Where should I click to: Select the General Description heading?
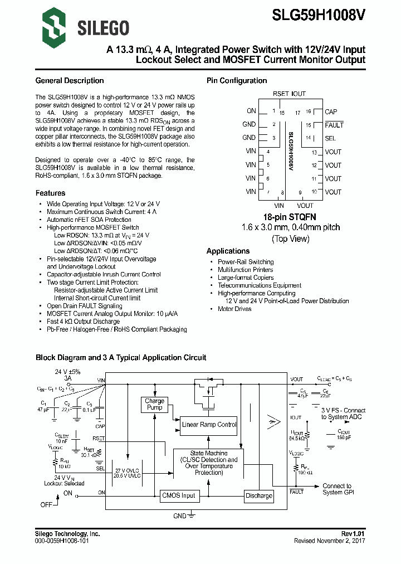[69, 81]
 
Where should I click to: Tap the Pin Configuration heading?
[237, 81]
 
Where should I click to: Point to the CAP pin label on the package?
[331, 111]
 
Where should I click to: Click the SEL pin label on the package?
[330, 138]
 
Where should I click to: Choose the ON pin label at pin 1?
[251, 111]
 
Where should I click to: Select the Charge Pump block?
[154, 404]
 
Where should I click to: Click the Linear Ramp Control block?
[209, 425]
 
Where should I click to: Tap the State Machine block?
[209, 463]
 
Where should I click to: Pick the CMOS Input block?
[178, 495]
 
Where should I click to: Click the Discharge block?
[259, 495]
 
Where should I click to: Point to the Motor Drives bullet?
[234, 309]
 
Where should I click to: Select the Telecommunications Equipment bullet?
[259, 285]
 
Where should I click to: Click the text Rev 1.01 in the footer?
[353, 534]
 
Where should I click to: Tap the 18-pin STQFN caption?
[290, 216]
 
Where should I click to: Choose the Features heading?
[50, 193]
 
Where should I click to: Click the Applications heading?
[228, 251]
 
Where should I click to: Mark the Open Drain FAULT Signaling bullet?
[84, 306]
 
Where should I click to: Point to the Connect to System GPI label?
[337, 489]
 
